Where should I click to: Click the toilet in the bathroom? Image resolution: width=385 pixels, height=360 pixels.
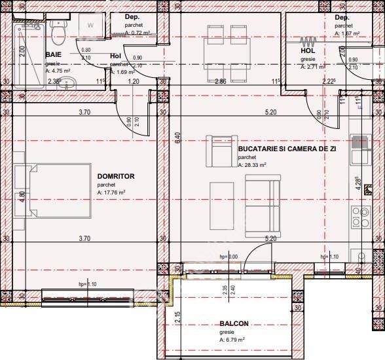[x=58, y=29]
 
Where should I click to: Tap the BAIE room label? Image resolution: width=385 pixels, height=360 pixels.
[x=54, y=55]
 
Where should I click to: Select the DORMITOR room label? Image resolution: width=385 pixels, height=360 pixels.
[x=115, y=177]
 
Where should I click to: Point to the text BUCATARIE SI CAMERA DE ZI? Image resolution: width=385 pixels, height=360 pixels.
[x=287, y=149]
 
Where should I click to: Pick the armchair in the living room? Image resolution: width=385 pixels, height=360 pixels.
[x=218, y=151]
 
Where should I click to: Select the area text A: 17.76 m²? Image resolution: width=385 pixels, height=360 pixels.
[x=111, y=192]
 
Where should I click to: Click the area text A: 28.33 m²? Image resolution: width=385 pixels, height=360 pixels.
[x=252, y=165]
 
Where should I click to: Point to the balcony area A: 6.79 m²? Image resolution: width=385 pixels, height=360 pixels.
[x=232, y=340]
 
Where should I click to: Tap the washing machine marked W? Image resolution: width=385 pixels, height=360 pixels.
[x=90, y=25]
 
